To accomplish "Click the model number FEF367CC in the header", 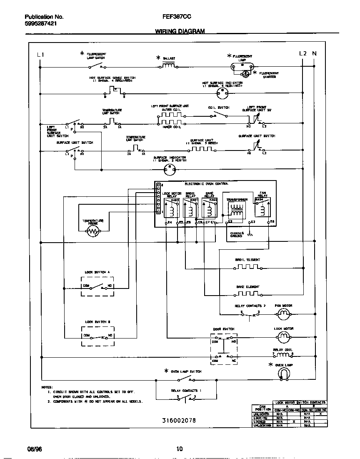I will click(x=177, y=17).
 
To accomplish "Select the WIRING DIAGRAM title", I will click(x=180, y=31).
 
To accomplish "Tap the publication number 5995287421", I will click(x=41, y=24).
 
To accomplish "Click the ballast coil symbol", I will click(x=168, y=65).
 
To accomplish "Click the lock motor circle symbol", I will click(x=283, y=336).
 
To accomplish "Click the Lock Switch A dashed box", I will click(x=97, y=286).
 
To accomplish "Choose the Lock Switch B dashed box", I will click(x=97, y=336).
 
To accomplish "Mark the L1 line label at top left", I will click(x=40, y=54).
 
